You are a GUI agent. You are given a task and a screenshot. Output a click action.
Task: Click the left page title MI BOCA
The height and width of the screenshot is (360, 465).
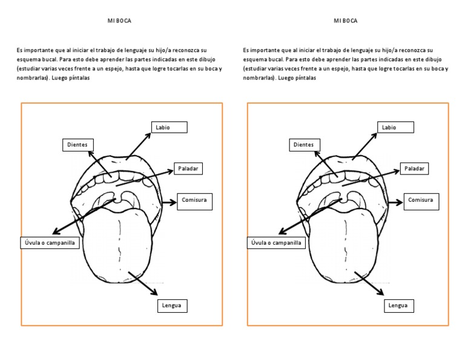click(x=119, y=21)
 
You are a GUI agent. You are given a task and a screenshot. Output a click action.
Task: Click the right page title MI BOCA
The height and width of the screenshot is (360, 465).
click(x=346, y=21)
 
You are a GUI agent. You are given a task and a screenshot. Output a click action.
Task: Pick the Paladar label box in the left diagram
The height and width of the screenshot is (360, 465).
click(x=187, y=168)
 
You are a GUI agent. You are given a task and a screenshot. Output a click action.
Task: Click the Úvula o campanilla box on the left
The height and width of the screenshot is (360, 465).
click(x=50, y=243)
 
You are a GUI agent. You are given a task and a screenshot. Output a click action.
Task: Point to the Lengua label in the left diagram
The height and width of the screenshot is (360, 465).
click(x=172, y=306)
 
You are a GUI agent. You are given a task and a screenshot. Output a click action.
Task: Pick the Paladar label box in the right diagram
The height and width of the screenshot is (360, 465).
click(x=415, y=168)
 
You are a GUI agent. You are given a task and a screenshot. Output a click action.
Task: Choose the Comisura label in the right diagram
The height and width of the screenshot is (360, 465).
click(x=421, y=201)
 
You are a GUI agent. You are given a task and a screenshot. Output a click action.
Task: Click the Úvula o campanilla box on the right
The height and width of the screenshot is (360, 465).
click(x=276, y=243)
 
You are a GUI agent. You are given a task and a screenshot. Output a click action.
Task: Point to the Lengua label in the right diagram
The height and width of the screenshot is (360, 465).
click(x=398, y=306)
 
